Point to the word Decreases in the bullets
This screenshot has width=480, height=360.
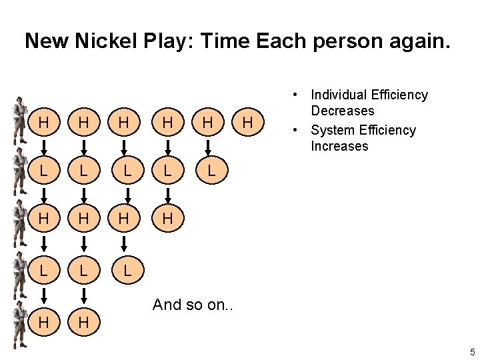[x=343, y=111]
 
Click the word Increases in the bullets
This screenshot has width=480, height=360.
[x=339, y=146]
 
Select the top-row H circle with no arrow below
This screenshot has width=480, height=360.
[x=248, y=123]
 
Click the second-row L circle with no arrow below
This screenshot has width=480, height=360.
[x=210, y=171]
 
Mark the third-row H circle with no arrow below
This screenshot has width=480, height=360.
[x=169, y=219]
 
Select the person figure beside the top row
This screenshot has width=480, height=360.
[x=19, y=121]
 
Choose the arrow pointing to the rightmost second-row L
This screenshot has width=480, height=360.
[x=210, y=147]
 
